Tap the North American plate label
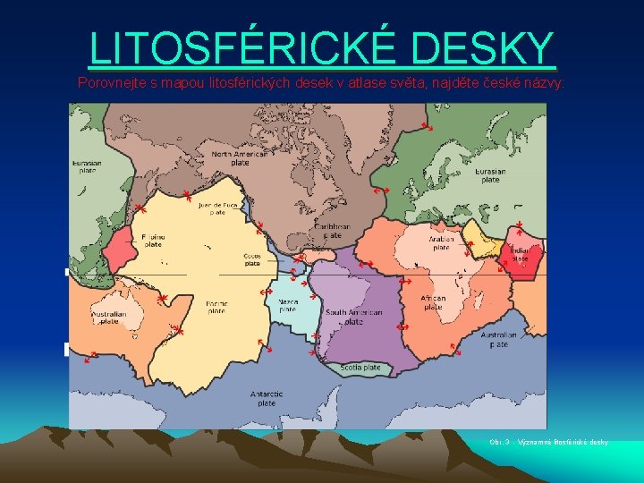tap(240, 158)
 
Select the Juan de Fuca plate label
tap(217, 208)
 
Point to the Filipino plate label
tap(153, 239)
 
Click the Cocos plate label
tap(252, 259)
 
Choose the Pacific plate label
tap(216, 307)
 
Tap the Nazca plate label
tap(288, 306)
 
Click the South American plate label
tap(354, 317)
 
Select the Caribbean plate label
tap(331, 231)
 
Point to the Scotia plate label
tap(360, 368)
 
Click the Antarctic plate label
tap(267, 398)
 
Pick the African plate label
tap(433, 302)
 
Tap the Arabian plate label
tap(441, 243)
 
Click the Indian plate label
tap(520, 254)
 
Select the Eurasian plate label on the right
tap(490, 175)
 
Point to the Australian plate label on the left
tap(108, 318)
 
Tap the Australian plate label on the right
tap(498, 340)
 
